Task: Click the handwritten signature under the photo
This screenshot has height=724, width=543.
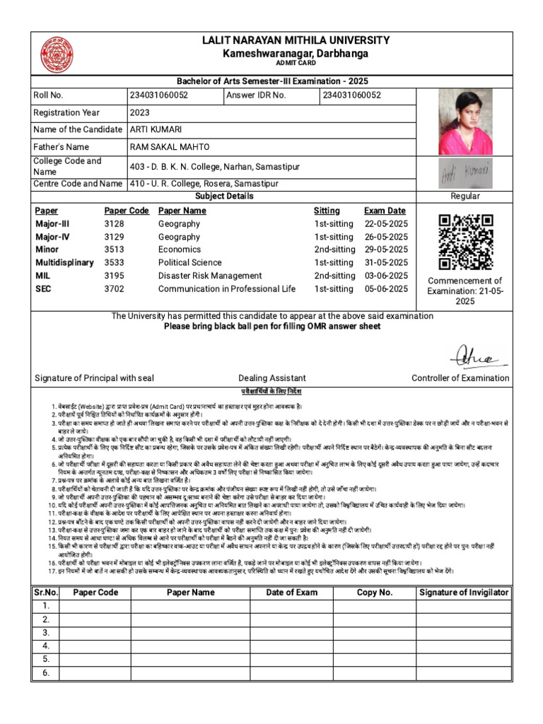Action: click(x=465, y=172)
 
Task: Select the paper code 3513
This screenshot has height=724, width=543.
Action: click(x=114, y=250)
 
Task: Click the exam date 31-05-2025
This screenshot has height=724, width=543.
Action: click(x=386, y=263)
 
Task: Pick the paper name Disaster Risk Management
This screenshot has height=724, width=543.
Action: click(x=210, y=276)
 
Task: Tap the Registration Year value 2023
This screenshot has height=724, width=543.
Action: click(x=139, y=112)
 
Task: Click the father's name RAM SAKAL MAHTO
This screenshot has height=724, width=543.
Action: click(x=169, y=147)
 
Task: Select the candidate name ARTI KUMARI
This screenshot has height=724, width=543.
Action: click(x=156, y=129)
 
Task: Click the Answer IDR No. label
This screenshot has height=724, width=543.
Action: click(x=257, y=95)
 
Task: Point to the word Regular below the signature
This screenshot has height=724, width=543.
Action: click(x=465, y=196)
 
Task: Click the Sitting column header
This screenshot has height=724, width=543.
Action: click(x=327, y=211)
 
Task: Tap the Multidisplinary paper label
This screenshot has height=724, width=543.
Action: click(x=64, y=263)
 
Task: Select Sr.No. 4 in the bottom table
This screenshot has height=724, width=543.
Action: click(x=45, y=646)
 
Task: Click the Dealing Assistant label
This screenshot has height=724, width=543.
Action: click(x=271, y=378)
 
